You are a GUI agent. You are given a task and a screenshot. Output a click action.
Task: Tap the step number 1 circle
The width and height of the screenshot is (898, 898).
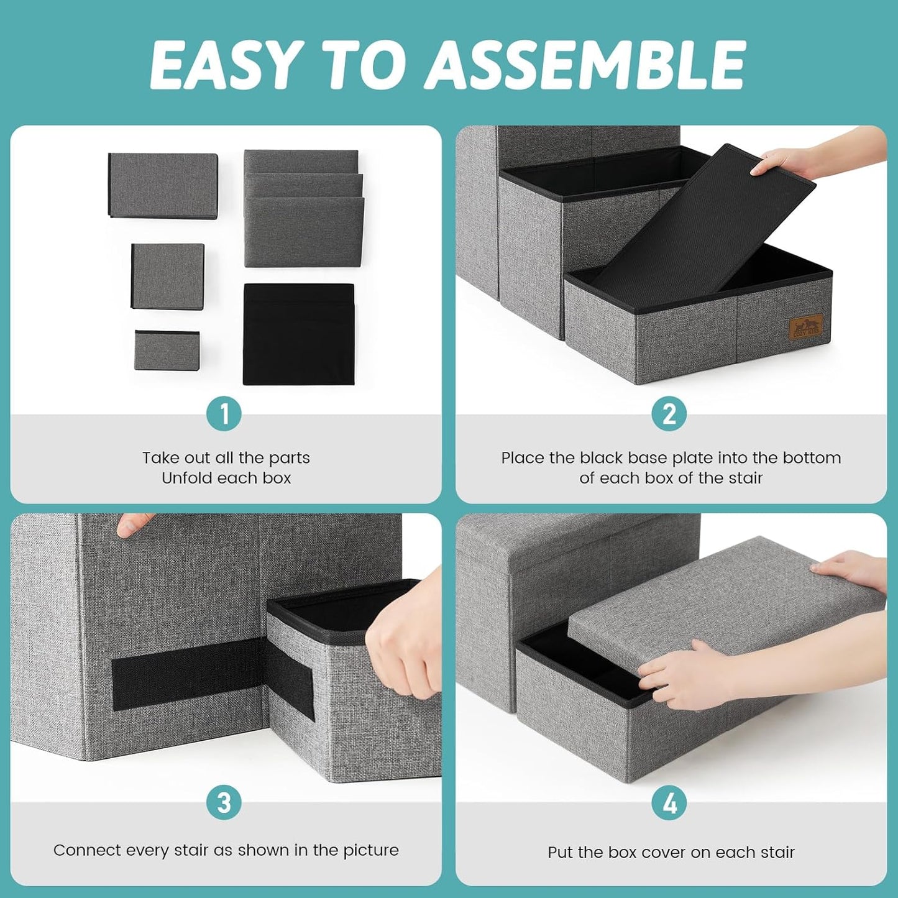click(x=224, y=414)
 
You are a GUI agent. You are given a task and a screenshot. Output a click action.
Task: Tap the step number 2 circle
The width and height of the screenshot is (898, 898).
click(x=669, y=414)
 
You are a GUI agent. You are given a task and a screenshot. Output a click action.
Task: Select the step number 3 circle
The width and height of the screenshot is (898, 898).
click(x=224, y=802)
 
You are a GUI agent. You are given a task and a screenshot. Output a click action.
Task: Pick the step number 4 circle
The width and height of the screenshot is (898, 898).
click(x=669, y=804)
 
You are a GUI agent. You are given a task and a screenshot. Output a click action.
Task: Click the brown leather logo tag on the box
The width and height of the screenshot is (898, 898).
click(x=806, y=326)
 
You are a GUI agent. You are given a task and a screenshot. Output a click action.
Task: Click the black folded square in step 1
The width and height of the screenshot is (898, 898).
click(x=298, y=334)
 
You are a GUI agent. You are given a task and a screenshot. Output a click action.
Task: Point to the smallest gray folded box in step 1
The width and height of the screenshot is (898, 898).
click(x=167, y=350)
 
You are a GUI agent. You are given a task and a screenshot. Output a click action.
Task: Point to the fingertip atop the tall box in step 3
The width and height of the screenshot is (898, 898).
click(x=128, y=524)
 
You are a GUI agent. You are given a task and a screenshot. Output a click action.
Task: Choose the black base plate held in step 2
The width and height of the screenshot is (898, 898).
click(x=702, y=224)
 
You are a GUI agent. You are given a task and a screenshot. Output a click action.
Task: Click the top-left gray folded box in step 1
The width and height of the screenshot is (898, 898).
click(x=163, y=185)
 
